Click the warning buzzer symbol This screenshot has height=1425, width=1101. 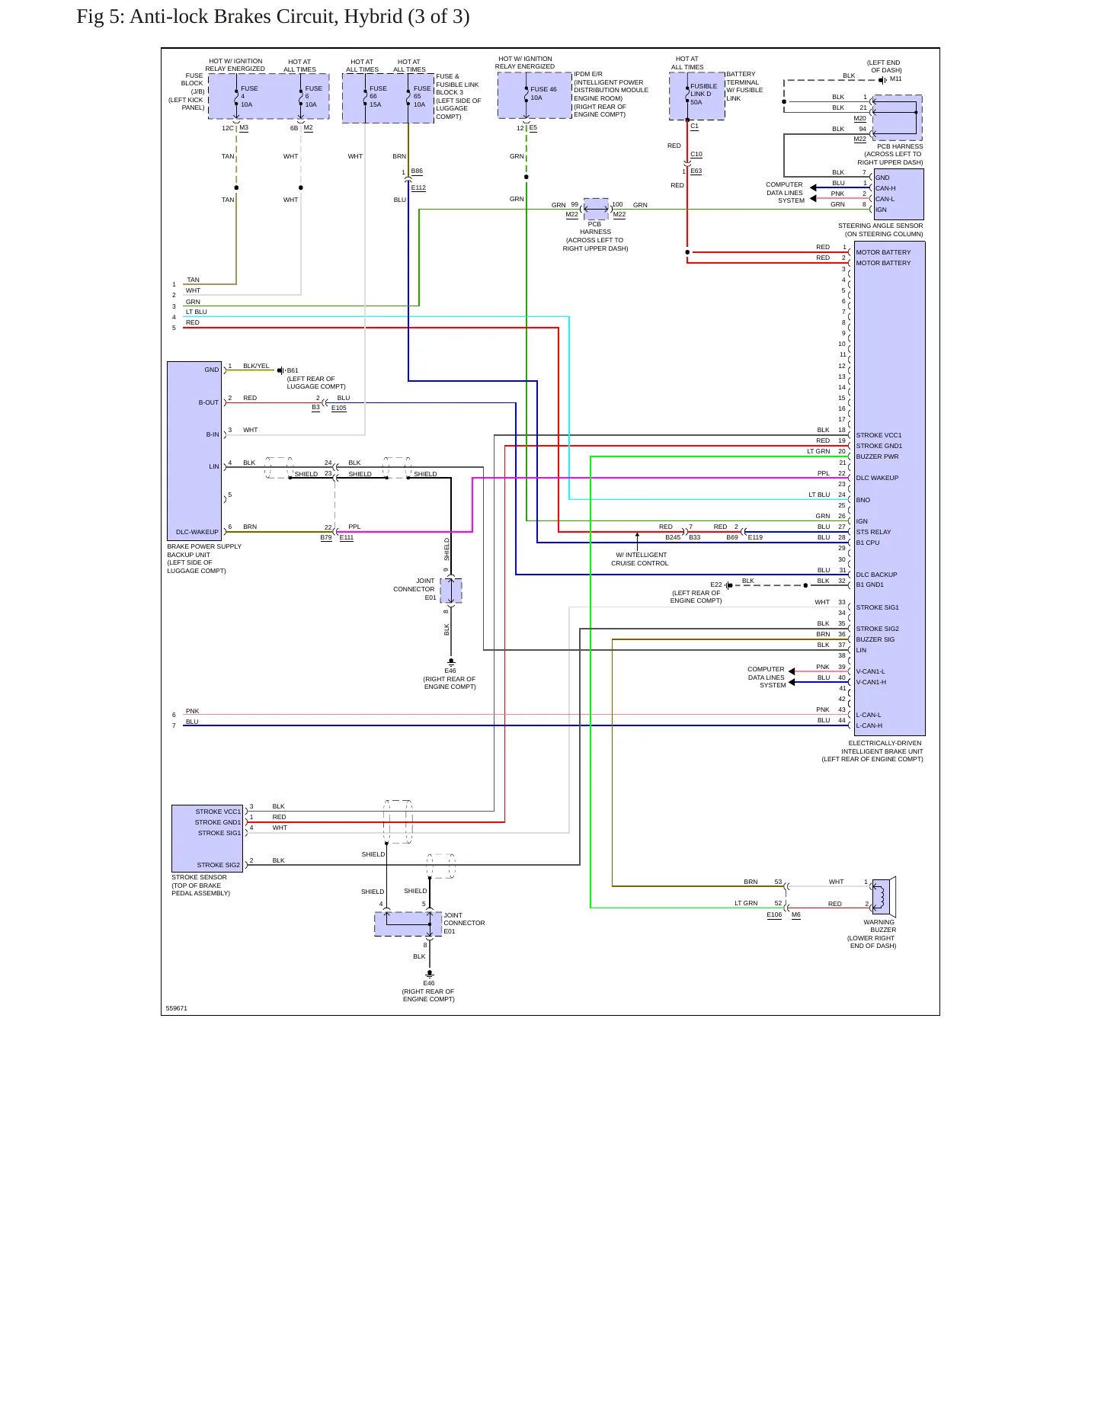tap(884, 897)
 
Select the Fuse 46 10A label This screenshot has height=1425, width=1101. tap(543, 94)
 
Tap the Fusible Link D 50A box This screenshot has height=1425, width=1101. tap(697, 96)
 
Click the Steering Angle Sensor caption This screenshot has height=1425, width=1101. tap(881, 230)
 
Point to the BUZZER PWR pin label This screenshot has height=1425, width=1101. tap(877, 457)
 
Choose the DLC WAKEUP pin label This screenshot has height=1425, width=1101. tap(877, 479)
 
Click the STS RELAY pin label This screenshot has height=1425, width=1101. tap(873, 533)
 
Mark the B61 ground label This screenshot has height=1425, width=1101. tap(293, 371)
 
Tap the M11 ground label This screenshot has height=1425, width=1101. tap(895, 79)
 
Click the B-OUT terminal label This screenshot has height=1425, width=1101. tap(209, 403)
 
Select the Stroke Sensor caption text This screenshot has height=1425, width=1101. tap(200, 885)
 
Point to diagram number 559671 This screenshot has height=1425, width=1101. tap(177, 1009)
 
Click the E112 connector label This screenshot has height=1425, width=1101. tap(418, 187)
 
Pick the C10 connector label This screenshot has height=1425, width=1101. tap(696, 155)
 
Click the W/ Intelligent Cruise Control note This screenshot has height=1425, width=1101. tap(640, 559)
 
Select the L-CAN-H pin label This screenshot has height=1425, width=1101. tap(869, 726)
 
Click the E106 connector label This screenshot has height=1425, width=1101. tap(774, 915)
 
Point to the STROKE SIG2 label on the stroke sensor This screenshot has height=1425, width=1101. tap(219, 866)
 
